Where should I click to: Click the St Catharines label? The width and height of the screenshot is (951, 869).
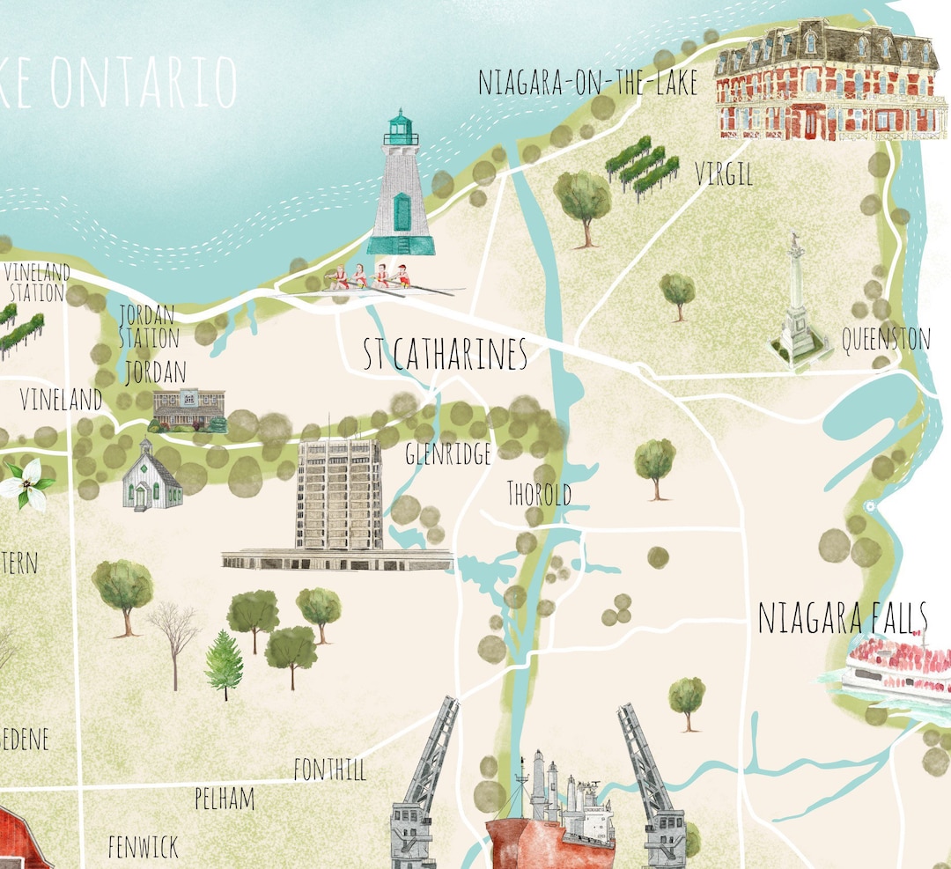[446, 354]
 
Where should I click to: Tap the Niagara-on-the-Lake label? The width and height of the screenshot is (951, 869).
[587, 83]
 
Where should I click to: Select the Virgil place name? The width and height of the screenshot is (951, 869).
[724, 173]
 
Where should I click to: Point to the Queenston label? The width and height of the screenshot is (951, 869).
[886, 339]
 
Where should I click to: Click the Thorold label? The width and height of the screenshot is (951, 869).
[539, 494]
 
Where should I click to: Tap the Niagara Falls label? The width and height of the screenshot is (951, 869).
[843, 618]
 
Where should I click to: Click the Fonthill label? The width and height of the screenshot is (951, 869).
[330, 770]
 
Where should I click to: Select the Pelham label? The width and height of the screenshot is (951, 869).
[225, 799]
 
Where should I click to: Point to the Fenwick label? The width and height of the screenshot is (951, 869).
[143, 847]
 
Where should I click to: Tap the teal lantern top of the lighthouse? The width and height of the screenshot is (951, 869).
[402, 129]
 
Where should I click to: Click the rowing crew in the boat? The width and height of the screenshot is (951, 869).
[368, 278]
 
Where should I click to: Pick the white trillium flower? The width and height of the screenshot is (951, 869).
[26, 483]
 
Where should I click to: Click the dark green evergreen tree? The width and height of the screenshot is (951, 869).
[224, 664]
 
